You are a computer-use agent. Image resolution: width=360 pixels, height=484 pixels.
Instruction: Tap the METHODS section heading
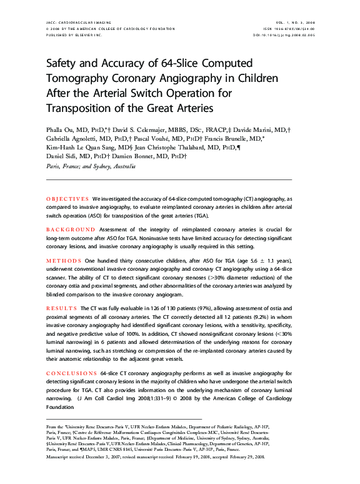click(64, 260)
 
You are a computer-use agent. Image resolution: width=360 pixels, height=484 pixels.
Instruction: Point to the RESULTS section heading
click(62, 308)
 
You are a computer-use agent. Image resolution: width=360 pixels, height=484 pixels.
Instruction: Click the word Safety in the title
click(64, 65)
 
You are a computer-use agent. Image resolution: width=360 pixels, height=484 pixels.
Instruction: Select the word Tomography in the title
click(80, 79)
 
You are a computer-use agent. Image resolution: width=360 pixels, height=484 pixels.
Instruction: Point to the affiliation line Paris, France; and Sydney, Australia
click(91, 167)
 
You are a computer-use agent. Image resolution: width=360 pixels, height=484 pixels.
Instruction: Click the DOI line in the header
click(289, 35)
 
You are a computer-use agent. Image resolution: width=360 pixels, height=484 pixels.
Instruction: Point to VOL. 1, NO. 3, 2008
click(292, 22)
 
